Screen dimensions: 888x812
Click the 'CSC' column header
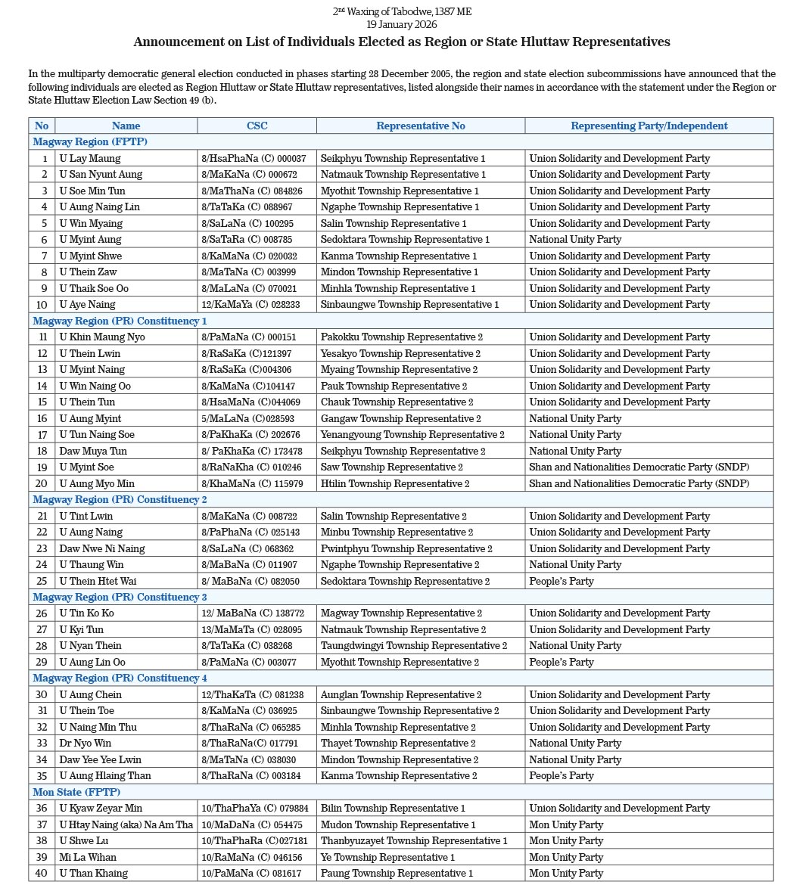[x=257, y=126]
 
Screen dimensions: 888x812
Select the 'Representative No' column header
[x=420, y=126]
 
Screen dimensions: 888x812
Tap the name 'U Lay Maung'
[x=90, y=158]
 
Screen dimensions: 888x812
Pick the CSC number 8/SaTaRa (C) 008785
[x=247, y=240]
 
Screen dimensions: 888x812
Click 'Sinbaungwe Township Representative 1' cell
[x=409, y=305]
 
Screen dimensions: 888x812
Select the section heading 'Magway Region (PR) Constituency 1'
[x=120, y=321]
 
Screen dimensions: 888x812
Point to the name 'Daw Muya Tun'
[x=93, y=451]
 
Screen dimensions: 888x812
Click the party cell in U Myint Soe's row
[x=639, y=467]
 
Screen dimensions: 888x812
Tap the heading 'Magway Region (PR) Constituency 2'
[x=120, y=499]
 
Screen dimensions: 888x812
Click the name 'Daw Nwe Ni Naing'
[x=102, y=548]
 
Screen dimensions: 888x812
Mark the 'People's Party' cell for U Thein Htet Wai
[x=562, y=581]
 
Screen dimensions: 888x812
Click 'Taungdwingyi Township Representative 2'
[x=413, y=646]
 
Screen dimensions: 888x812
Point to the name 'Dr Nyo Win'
[x=86, y=743]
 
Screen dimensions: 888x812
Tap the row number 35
[x=42, y=775]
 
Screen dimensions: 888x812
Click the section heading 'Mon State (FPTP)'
[x=76, y=792]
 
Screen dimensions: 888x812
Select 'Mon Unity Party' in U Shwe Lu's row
[x=566, y=840]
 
